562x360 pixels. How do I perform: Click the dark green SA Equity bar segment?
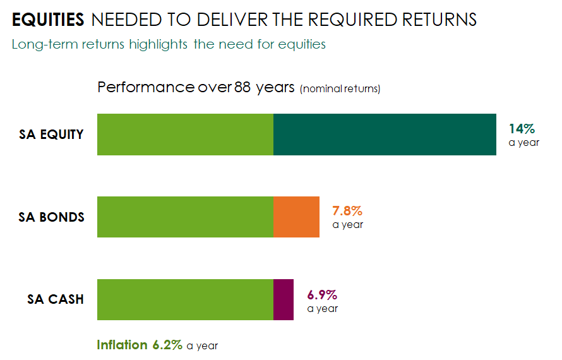[385, 135]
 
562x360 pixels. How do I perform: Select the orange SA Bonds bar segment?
[296, 217]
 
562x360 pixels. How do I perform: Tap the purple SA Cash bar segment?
[284, 299]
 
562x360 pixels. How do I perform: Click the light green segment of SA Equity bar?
[185, 135]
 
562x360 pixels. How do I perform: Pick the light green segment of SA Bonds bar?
[185, 217]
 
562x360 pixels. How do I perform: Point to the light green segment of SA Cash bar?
[185, 299]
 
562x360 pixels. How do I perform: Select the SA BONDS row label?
[52, 217]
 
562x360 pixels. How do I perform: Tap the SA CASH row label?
[56, 299]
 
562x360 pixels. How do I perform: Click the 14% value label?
[521, 129]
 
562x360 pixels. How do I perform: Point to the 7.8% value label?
[347, 211]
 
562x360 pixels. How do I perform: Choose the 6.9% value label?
[322, 294]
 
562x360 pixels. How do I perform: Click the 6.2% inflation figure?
[167, 345]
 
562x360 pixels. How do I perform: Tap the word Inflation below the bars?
[122, 345]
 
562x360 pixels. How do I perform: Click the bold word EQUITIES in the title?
[48, 20]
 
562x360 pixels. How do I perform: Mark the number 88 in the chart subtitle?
[242, 87]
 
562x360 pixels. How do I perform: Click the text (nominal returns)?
[340, 88]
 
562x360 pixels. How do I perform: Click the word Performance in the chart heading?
[146, 87]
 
